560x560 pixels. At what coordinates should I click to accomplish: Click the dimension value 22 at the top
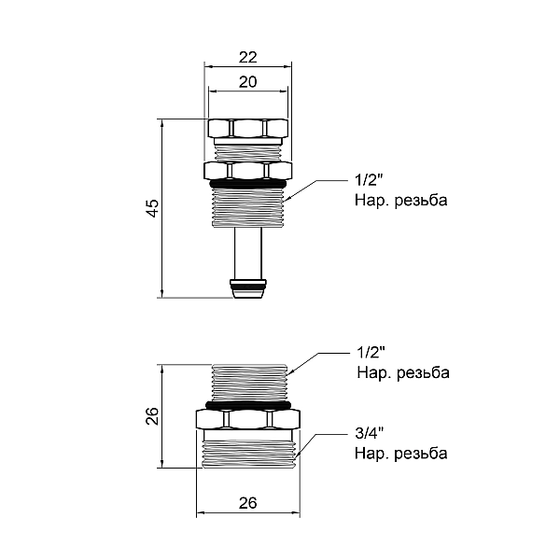click(246, 57)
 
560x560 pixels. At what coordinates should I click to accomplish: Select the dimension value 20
click(246, 82)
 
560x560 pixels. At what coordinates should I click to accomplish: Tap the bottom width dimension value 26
click(247, 503)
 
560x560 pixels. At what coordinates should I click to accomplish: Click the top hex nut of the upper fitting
click(246, 129)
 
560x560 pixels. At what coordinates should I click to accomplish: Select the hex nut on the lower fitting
click(246, 420)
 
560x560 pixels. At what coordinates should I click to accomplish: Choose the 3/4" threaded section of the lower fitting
click(246, 450)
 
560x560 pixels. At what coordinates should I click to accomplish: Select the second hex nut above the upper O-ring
click(246, 170)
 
